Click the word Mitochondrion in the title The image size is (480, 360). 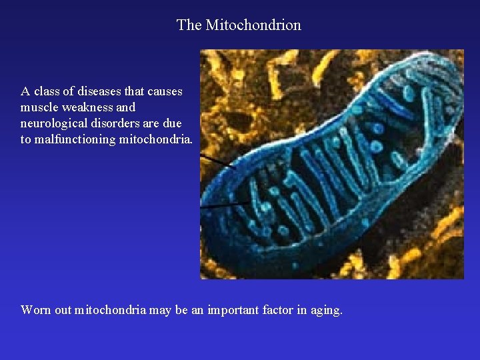253,25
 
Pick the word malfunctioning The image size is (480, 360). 75,139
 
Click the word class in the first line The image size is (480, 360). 47,91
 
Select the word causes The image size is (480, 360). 164,91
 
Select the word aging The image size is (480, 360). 328,310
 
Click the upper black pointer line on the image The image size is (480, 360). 217,161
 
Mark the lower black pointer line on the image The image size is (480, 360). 225,206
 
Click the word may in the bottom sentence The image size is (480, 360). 157,310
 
